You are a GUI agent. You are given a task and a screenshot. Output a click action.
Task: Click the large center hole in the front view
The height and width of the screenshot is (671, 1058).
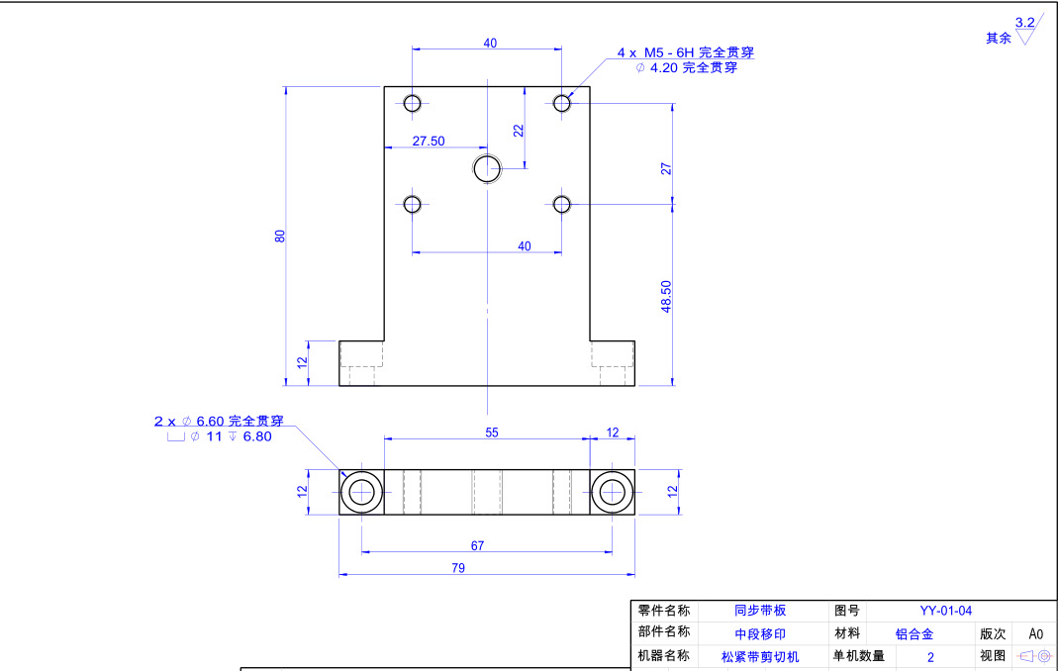(487, 169)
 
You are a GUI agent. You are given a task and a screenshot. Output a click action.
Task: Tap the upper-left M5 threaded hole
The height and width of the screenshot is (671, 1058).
(413, 103)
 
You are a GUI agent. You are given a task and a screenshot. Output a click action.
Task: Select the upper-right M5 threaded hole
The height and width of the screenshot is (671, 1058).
(562, 103)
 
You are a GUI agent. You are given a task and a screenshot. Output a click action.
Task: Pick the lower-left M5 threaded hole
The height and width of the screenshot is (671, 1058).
(413, 204)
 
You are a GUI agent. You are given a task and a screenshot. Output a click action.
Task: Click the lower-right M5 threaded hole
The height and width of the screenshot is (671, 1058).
(562, 204)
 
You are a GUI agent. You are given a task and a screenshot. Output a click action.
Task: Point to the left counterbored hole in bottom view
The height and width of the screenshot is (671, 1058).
(362, 492)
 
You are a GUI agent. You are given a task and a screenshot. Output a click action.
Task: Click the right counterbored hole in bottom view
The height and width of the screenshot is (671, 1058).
(613, 492)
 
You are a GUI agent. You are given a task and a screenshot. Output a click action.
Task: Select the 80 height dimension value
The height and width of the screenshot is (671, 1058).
(280, 236)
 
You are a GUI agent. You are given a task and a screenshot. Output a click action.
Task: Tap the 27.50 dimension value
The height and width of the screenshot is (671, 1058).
(429, 142)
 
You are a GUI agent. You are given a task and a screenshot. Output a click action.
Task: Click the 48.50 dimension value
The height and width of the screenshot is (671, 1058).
(666, 296)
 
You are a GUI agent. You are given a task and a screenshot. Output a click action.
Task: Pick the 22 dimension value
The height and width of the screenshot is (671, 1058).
(518, 130)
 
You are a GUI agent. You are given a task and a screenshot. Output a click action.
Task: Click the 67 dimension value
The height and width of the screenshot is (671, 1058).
(477, 545)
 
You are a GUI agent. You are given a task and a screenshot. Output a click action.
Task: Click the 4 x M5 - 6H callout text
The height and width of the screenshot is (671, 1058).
(678, 51)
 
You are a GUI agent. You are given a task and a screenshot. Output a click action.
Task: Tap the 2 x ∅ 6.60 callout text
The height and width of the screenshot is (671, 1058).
(218, 421)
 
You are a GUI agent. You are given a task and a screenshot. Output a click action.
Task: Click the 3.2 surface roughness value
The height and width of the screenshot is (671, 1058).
(1024, 22)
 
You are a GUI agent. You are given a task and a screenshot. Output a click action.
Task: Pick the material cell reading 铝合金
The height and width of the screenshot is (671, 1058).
(914, 633)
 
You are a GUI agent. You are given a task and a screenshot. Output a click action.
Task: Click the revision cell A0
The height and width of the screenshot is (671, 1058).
(1036, 633)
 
